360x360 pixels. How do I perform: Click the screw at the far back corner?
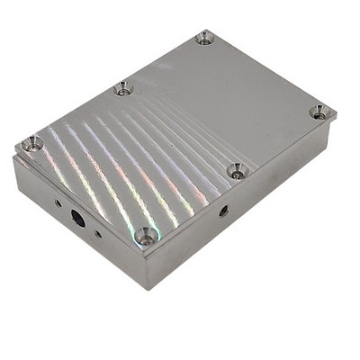pos(204,38)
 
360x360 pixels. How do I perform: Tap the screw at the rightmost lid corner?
pos(319,112)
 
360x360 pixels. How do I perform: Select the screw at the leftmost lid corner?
pos(32,143)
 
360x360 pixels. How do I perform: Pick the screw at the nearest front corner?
pos(146,237)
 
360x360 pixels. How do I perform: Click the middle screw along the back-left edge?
pos(122,88)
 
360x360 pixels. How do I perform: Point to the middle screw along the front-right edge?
pos(236,170)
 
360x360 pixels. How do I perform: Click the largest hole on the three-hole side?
pos(78,217)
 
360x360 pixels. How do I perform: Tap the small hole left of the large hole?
pos(58,204)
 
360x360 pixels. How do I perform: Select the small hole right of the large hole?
pos(98,234)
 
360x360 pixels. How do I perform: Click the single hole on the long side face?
pos(223,211)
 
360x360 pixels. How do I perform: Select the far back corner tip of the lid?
pos(207,30)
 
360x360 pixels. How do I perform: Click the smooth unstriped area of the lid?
pos(243,99)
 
